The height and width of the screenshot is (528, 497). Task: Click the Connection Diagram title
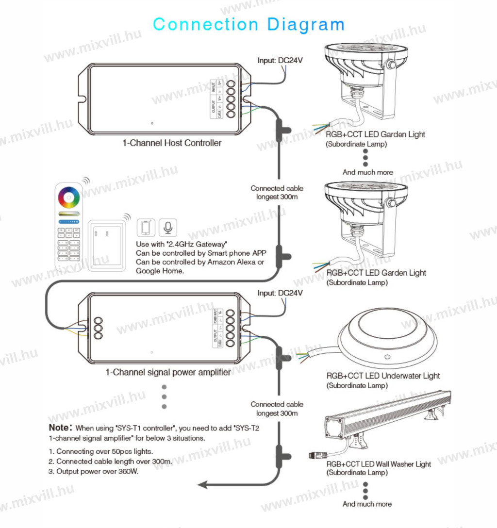248,24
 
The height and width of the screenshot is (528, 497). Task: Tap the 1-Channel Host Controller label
172,143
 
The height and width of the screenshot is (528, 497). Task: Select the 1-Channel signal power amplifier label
168,372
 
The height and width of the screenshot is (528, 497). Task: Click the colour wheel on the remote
69,198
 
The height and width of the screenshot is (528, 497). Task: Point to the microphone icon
168,227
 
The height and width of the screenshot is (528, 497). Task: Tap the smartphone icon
146,227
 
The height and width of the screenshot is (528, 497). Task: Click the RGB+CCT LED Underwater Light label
383,376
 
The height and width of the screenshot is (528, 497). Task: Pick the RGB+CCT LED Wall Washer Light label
379,464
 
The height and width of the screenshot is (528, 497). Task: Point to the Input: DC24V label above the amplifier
280,293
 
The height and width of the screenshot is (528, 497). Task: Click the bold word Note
60,428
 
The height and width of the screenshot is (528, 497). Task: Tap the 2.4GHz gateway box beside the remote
106,244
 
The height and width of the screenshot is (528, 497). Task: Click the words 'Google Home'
160,271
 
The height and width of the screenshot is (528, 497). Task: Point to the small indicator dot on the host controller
152,123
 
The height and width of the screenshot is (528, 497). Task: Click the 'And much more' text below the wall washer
367,504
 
